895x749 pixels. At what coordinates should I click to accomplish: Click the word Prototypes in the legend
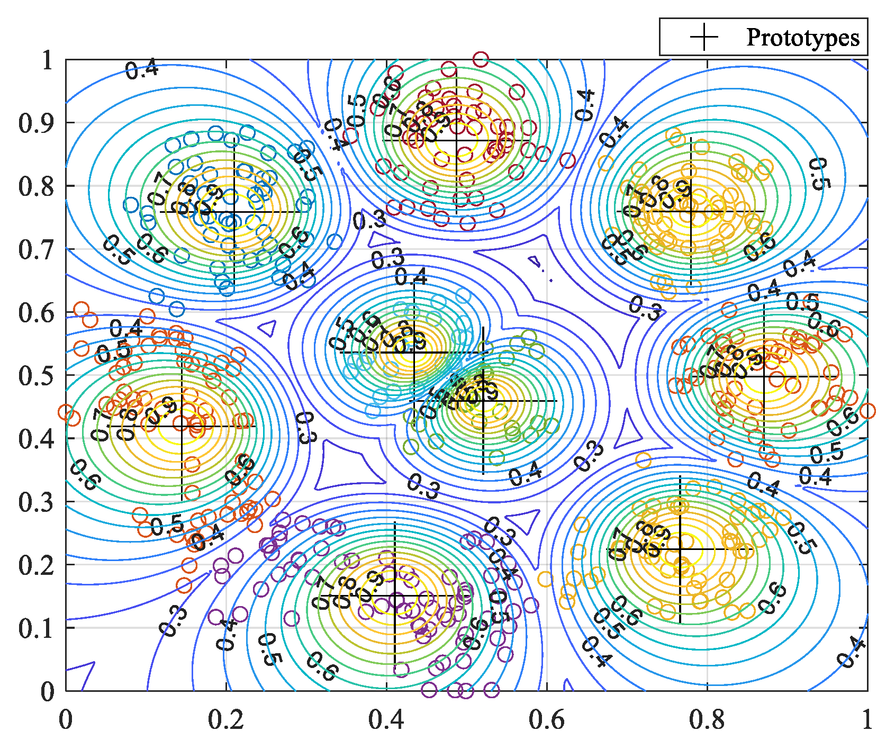pos(802,38)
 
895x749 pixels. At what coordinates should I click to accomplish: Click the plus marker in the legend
pos(704,37)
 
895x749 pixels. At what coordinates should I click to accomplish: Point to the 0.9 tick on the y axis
pos(36,123)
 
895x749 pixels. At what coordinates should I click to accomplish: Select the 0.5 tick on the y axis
pos(36,376)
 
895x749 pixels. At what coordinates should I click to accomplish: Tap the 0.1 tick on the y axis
pos(36,628)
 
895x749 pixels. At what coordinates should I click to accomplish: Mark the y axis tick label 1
pos(48,60)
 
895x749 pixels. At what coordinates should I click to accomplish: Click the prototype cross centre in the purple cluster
pos(395,596)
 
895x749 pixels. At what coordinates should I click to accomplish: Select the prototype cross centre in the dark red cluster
pos(456,140)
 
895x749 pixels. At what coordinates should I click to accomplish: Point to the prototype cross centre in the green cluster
pos(483,401)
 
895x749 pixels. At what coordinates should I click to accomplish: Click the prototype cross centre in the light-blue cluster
pos(414,353)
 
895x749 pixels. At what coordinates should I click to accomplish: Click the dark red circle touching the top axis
pos(481,59)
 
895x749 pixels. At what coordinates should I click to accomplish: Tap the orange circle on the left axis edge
pos(66,412)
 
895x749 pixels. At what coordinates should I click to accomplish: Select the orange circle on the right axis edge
pos(867,410)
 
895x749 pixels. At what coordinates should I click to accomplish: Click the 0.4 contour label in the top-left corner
pos(142,69)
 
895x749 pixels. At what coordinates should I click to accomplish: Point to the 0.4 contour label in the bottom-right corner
pos(852,653)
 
